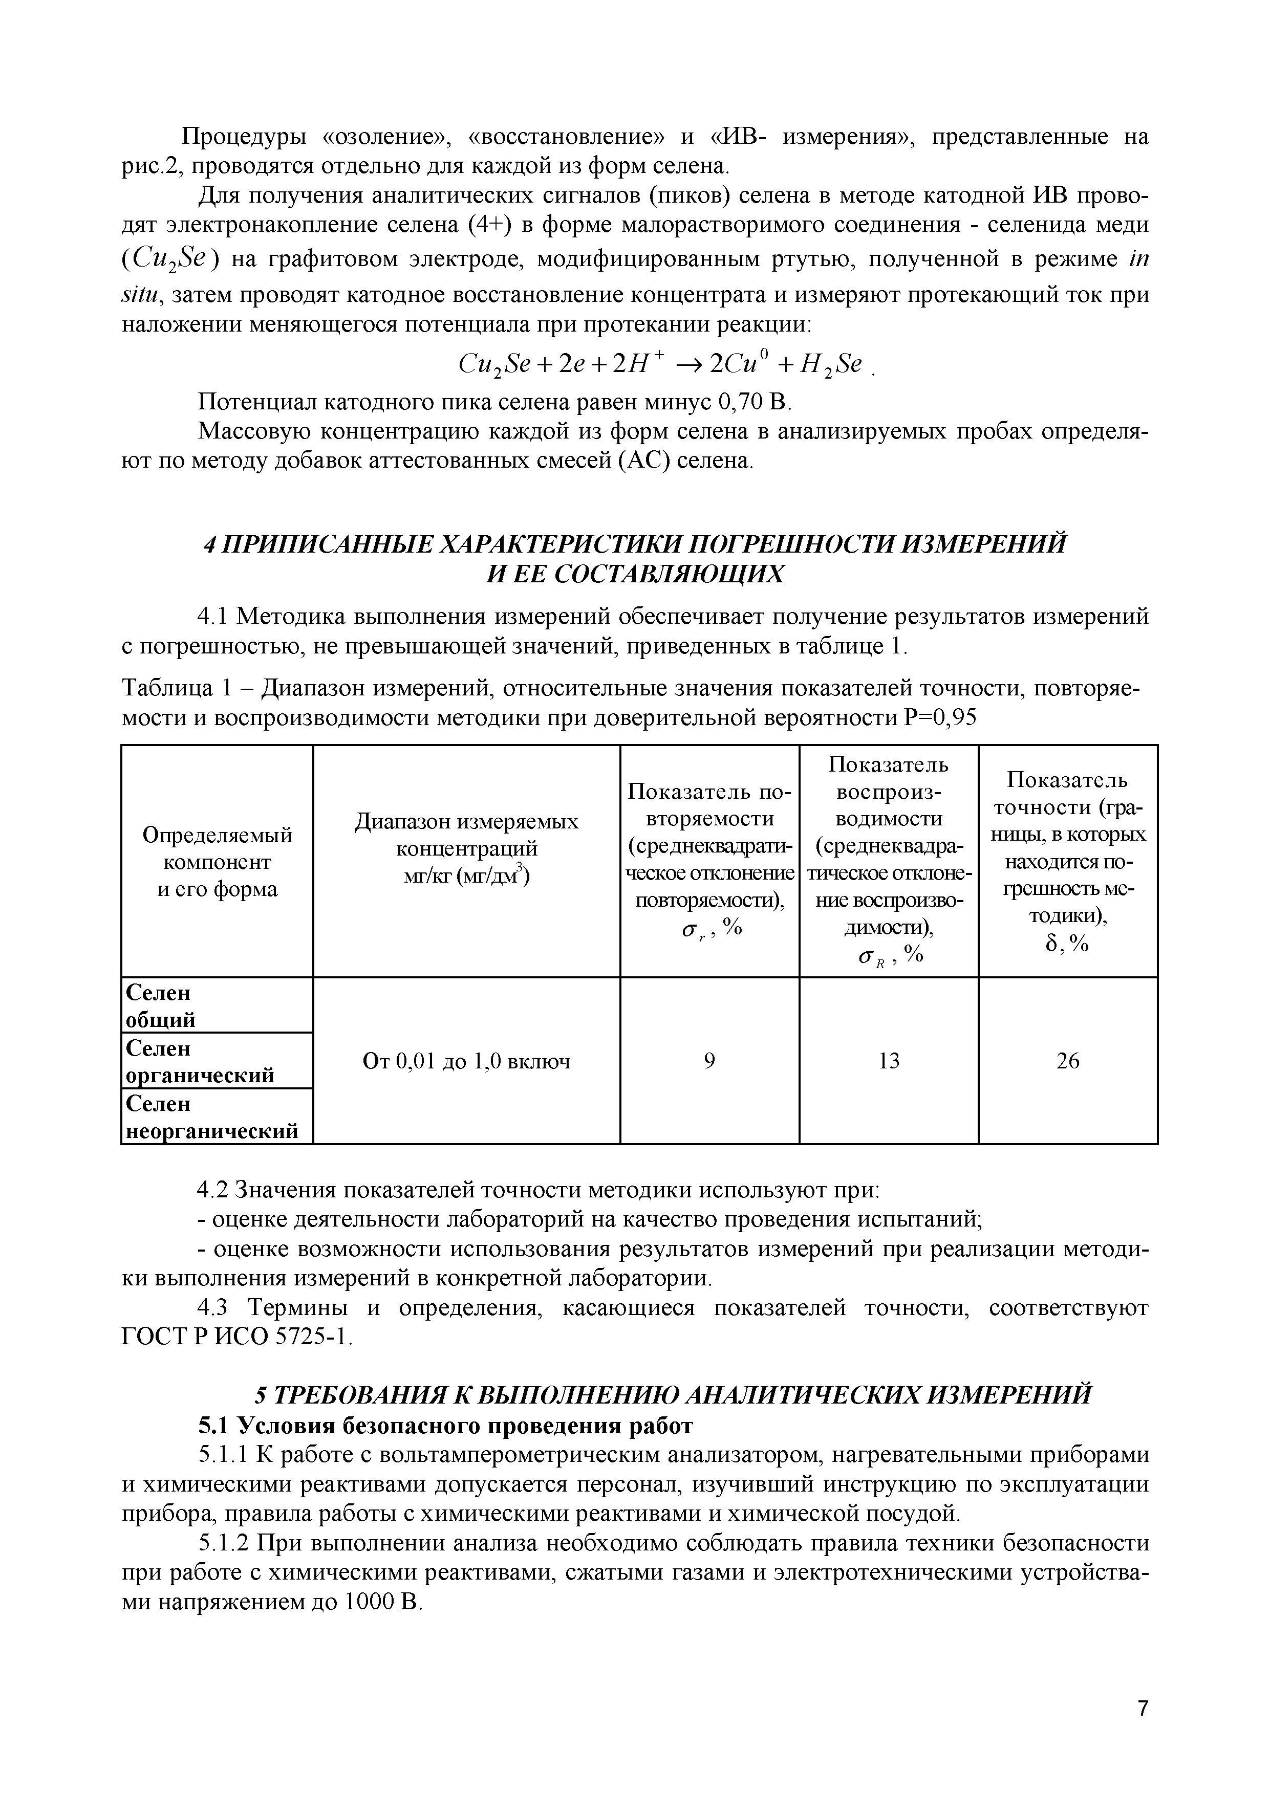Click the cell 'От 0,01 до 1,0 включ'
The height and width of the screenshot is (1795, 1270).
pyautogui.click(x=466, y=1061)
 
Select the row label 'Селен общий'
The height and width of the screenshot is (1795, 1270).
pyautogui.click(x=160, y=1006)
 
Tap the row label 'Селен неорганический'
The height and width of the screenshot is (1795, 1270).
pyautogui.click(x=211, y=1117)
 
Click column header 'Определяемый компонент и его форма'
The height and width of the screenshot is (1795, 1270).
pyautogui.click(x=218, y=862)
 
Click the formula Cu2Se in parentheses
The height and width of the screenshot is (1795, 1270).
pyautogui.click(x=170, y=260)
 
